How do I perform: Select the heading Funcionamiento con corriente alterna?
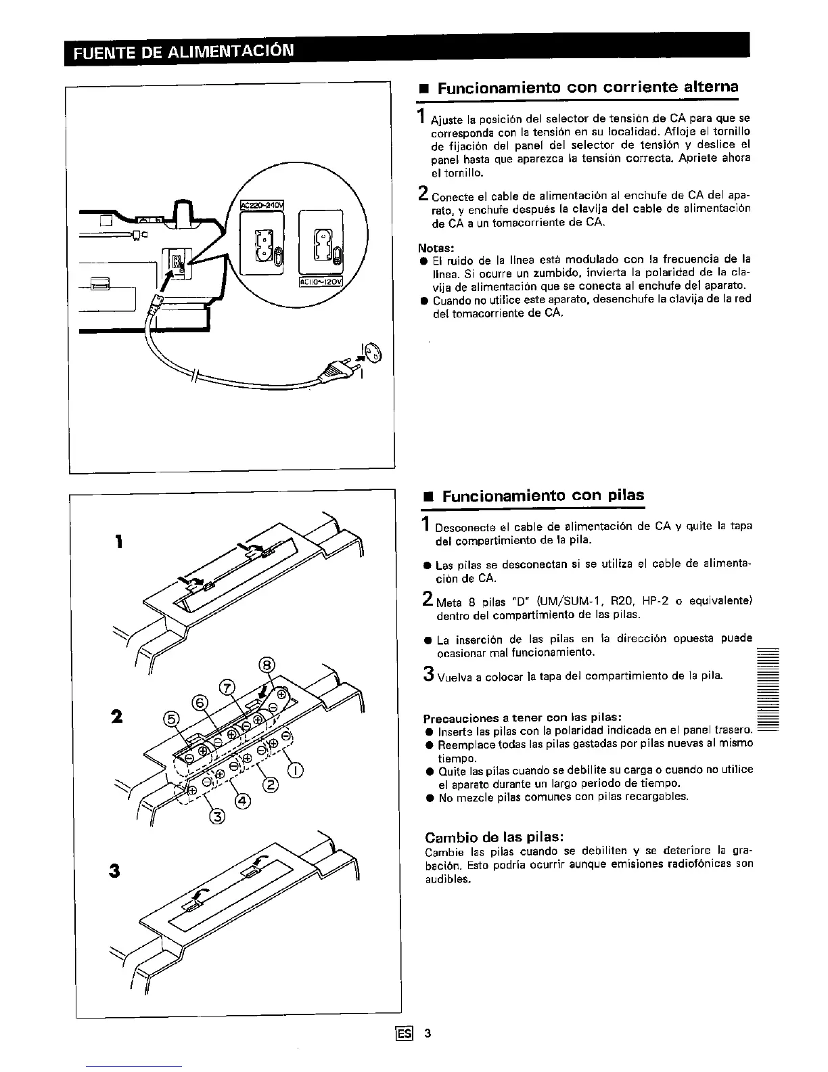[588, 87]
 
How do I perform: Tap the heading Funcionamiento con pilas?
[543, 495]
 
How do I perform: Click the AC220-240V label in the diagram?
[262, 205]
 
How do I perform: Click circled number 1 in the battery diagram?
[296, 768]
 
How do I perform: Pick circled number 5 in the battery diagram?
[172, 719]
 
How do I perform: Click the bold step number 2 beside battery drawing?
[118, 716]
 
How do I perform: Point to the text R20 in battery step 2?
[620, 601]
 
